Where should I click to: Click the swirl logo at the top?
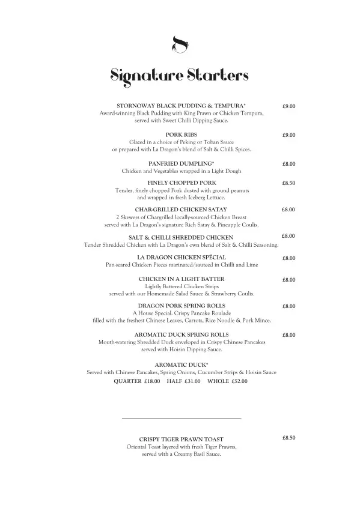coord(180,44)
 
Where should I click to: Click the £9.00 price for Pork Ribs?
coord(288,135)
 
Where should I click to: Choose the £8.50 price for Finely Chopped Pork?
coord(288,183)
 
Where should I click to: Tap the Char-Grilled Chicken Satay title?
coord(181,209)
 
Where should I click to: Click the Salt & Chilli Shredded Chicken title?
coord(181,238)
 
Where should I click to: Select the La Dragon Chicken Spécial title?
coord(181,257)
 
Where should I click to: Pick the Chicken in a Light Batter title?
coord(181,279)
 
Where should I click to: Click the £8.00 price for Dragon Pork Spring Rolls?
coord(288,306)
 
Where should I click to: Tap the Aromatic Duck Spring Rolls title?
coord(181,334)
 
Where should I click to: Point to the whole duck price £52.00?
coord(236,381)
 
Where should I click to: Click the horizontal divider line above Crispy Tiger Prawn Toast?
coord(181,417)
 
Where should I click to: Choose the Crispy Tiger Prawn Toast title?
coord(181,440)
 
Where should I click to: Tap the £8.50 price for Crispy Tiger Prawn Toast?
coord(288,438)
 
